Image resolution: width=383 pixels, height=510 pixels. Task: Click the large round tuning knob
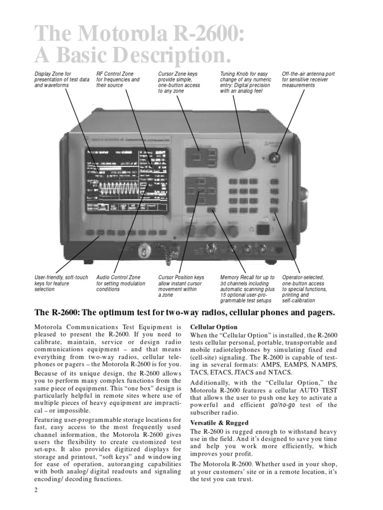[244, 156]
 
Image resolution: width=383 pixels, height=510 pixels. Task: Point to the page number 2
[36, 490]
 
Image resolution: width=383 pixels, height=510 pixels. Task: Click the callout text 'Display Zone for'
[52, 74]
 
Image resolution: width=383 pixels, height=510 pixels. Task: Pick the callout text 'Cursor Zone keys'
[178, 74]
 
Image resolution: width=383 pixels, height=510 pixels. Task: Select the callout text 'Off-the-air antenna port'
[308, 74]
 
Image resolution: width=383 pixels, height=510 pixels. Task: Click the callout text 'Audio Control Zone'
[118, 277]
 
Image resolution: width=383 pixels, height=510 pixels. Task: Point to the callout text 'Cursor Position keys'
[181, 277]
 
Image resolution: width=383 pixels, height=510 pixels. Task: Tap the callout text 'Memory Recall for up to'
[247, 277]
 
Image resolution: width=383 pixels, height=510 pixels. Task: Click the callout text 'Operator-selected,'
[303, 277]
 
